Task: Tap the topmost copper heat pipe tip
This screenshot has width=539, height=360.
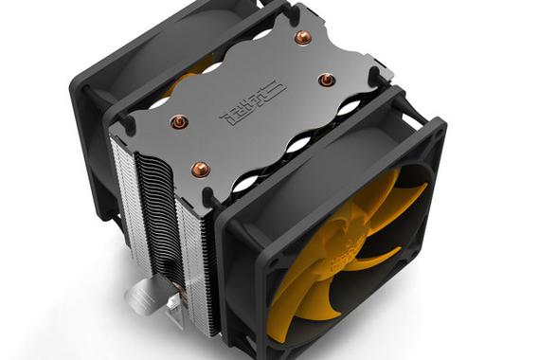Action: click(302, 37)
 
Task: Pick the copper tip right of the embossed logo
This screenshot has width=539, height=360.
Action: click(325, 80)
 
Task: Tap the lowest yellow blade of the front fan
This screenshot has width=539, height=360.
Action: click(313, 313)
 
